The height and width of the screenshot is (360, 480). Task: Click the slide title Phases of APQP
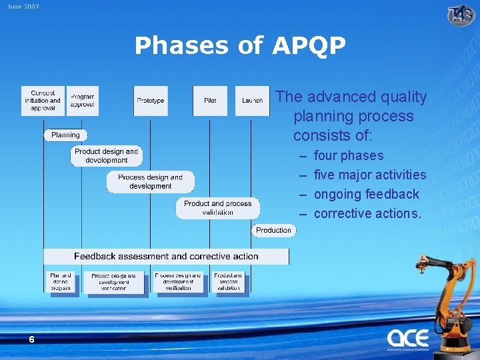point(240,46)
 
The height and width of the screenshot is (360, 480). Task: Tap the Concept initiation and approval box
point(43,101)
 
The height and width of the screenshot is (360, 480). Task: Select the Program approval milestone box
point(82,101)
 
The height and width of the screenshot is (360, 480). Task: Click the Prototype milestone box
point(151,101)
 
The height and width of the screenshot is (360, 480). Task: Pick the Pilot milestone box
point(210,101)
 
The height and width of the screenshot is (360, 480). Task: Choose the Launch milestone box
point(252,101)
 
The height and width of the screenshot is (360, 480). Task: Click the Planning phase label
point(65,135)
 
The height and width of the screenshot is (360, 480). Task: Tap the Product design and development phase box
point(107,156)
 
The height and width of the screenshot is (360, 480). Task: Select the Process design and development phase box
point(151,182)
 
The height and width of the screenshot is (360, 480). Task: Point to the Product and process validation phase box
point(218,208)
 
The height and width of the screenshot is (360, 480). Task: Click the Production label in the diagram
point(273,230)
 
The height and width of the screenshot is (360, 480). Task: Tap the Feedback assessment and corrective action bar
point(166,256)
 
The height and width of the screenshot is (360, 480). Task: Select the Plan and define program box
point(61,282)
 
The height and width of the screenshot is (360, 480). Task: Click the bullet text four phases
point(349,156)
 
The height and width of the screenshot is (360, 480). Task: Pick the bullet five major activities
point(370,175)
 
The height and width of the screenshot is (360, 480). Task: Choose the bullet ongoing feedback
point(367,195)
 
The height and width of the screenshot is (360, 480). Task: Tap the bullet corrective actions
point(367,214)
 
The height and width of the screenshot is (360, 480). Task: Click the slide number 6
point(31,340)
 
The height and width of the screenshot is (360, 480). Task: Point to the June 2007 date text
point(24,7)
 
